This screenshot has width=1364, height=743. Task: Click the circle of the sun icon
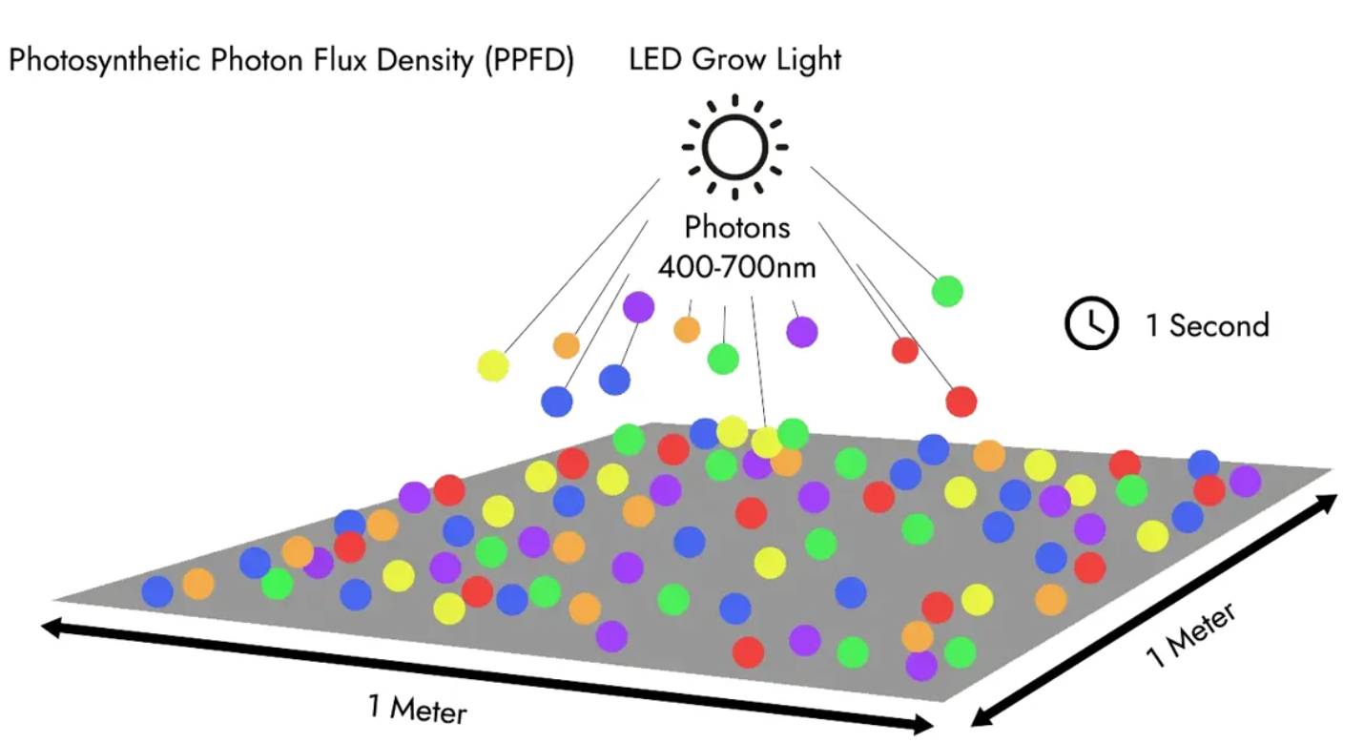734,148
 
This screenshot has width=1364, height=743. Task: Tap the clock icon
1090,324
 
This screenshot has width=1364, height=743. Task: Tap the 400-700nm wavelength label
736,266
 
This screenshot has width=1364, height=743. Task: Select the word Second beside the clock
1219,325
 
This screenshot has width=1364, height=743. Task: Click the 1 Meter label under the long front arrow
418,709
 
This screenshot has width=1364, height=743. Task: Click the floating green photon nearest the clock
947,290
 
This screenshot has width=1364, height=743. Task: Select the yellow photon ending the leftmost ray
493,365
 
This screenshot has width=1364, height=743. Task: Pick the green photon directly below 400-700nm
723,359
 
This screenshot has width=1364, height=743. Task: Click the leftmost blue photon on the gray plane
157,591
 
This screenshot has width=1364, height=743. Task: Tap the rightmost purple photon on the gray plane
1245,481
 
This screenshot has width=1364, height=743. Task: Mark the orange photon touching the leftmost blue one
198,584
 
